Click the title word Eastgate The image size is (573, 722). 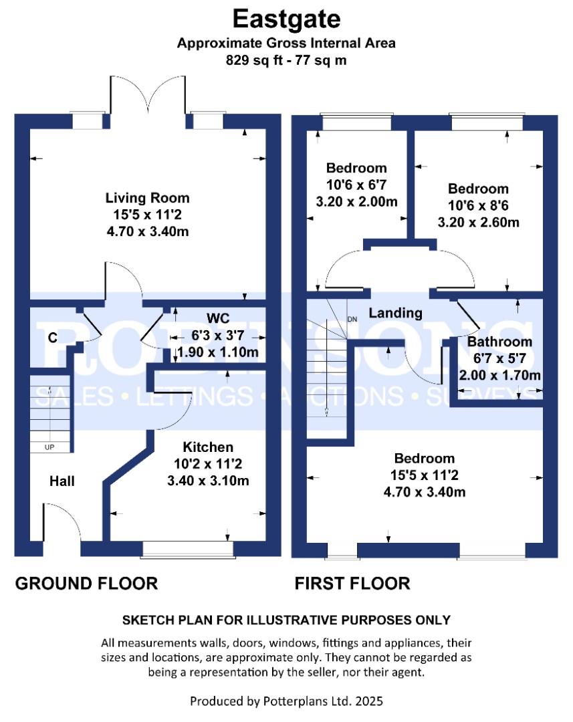click(286, 19)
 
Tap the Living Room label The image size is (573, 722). click(147, 198)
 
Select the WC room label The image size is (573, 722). click(218, 318)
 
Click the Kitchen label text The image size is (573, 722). click(208, 447)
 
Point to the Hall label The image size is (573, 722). click(62, 481)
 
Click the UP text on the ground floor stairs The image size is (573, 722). click(49, 447)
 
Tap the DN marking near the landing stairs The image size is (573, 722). click(352, 319)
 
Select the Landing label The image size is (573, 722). click(396, 313)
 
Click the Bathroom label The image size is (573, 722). click(499, 342)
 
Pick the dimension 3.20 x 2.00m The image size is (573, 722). click(357, 202)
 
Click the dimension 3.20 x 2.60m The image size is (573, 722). click(479, 223)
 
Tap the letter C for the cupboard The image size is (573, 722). click(53, 338)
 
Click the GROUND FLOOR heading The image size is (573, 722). click(87, 584)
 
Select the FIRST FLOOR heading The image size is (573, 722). click(352, 584)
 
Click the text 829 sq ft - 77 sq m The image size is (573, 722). click(286, 60)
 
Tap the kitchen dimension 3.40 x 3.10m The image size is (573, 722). click(208, 481)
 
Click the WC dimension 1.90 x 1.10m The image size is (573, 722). click(218, 352)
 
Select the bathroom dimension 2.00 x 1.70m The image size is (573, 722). click(499, 375)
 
